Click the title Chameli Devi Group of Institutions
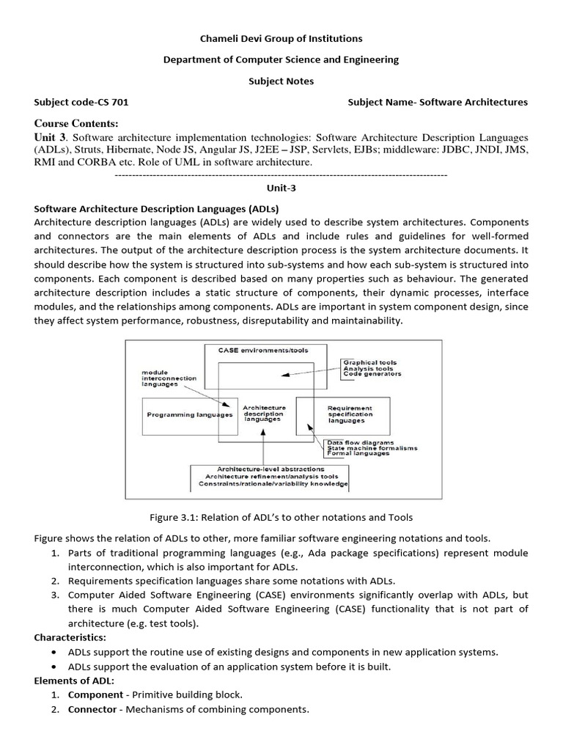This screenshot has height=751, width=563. click(x=281, y=38)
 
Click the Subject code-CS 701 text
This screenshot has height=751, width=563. click(x=81, y=102)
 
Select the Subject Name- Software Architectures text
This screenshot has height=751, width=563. click(x=438, y=102)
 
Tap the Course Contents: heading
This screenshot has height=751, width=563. click(x=76, y=122)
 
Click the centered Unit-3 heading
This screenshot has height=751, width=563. click(x=281, y=188)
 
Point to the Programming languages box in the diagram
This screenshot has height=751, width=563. click(x=190, y=414)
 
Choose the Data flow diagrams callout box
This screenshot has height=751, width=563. click(x=362, y=448)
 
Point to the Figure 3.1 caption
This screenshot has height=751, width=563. click(x=281, y=517)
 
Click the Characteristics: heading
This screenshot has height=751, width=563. click(x=70, y=637)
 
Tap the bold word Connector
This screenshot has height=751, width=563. click(x=92, y=709)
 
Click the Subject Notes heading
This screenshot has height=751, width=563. click(x=281, y=81)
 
